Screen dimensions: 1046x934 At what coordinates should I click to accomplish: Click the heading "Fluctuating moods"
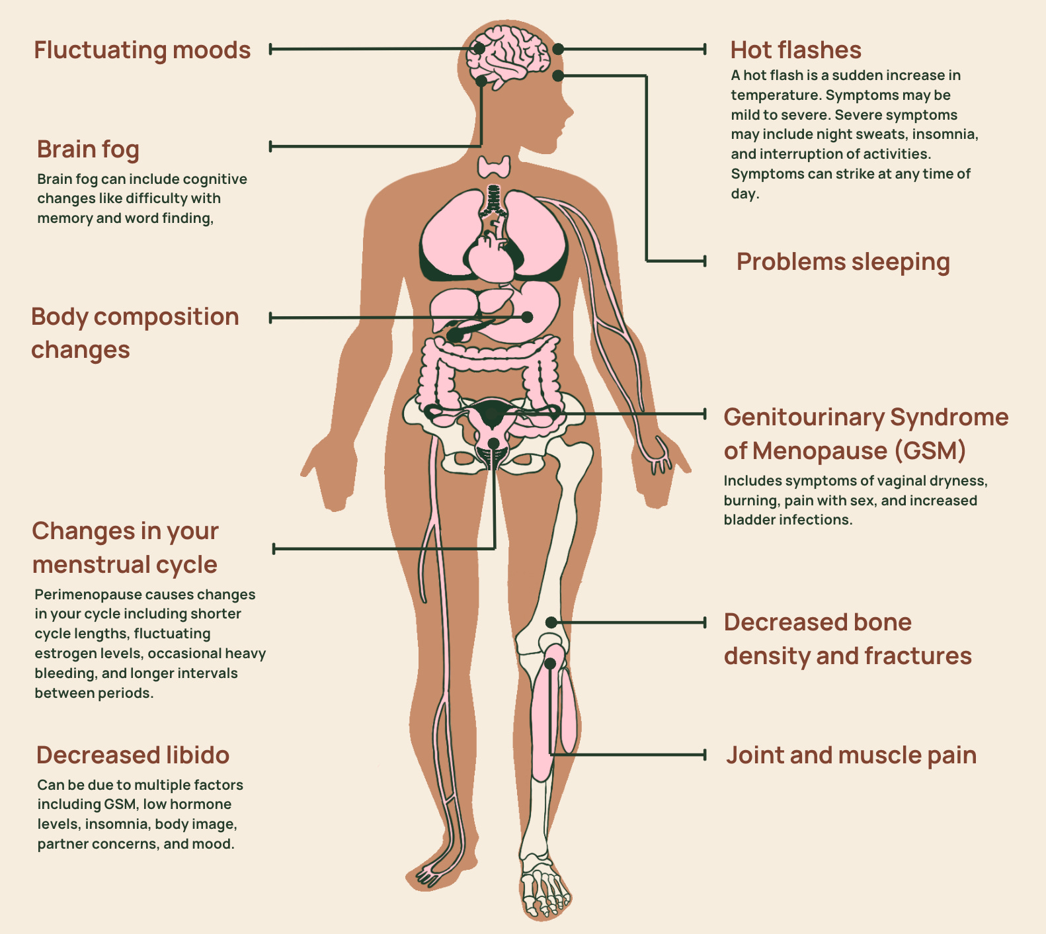tap(142, 50)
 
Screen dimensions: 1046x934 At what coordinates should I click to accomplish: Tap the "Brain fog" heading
tap(88, 149)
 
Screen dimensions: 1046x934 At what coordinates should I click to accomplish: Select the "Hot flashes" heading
tap(795, 50)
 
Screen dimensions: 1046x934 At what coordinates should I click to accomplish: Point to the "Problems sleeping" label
tap(843, 262)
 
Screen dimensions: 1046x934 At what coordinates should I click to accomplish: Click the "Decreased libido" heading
tap(133, 755)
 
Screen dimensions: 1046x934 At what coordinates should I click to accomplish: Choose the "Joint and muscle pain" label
tap(851, 755)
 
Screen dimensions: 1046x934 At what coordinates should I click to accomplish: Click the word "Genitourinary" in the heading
tap(803, 417)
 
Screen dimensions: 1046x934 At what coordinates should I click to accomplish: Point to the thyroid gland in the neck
tap(495, 166)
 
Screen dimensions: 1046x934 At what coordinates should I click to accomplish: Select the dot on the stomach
tap(527, 317)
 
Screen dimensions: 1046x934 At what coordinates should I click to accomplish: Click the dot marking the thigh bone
tap(551, 622)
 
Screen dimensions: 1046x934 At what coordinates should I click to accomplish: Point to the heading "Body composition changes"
tap(134, 333)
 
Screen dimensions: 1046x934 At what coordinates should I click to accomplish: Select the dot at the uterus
tap(493, 443)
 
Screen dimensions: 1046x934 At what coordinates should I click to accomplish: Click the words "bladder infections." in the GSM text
tap(787, 520)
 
